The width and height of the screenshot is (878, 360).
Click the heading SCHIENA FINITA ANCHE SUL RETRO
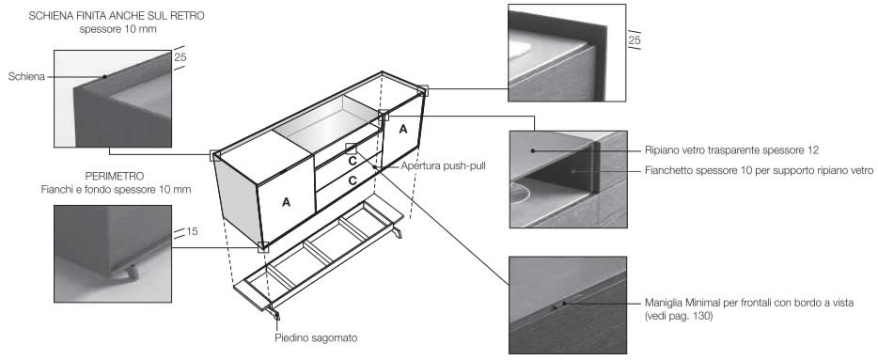117,16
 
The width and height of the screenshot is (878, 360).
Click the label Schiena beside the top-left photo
26,77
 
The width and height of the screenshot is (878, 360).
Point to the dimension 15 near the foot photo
192,230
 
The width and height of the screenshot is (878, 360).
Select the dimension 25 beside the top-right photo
635,40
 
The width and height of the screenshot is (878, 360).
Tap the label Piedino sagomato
317,337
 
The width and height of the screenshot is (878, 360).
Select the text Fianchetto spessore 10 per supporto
721,169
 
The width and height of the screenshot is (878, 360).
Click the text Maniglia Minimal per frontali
709,303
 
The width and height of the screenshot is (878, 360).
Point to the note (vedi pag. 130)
678,317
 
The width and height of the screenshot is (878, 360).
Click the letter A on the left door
286,203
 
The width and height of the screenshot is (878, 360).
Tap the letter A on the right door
403,129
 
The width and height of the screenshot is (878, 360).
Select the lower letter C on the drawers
353,180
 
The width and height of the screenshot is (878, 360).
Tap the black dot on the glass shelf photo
533,150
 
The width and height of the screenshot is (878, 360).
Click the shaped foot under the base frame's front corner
274,312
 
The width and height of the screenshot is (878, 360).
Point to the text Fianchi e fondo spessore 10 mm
116,190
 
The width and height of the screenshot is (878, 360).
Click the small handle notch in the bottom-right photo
555,306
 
